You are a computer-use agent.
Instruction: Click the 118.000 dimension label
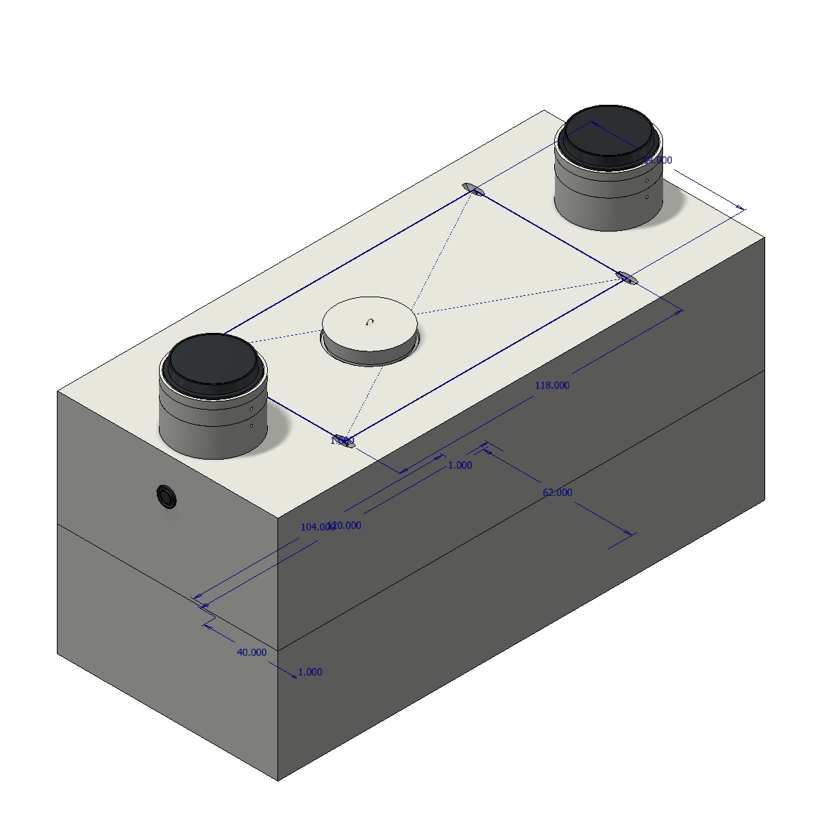tap(551, 385)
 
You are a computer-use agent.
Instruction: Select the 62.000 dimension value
tap(557, 493)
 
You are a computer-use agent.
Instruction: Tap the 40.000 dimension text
tap(251, 653)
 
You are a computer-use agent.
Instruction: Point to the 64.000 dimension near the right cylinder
tap(658, 160)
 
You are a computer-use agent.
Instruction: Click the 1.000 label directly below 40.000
tap(310, 672)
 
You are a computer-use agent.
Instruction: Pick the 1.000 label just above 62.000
tap(460, 465)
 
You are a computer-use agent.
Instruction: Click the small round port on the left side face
tap(166, 496)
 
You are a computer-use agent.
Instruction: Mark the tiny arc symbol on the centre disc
tap(371, 321)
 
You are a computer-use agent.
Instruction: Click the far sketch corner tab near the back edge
tap(473, 189)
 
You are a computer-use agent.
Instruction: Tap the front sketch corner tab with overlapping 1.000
tap(347, 442)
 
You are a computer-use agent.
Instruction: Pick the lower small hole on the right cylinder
tap(647, 197)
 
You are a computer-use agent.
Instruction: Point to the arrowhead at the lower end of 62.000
tap(629, 533)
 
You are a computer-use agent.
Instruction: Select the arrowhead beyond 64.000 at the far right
tap(740, 208)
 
